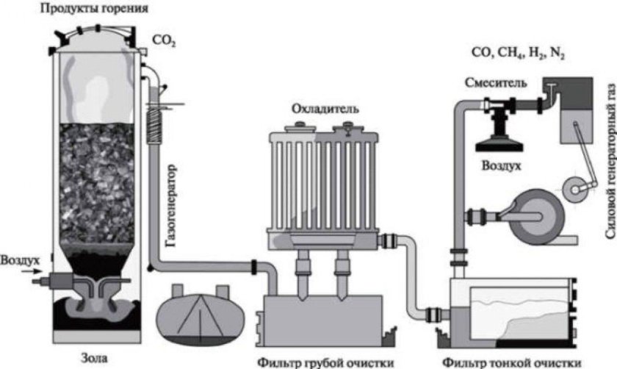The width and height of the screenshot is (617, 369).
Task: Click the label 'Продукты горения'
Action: (96, 10)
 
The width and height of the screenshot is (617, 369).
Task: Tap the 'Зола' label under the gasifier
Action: (97, 359)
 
